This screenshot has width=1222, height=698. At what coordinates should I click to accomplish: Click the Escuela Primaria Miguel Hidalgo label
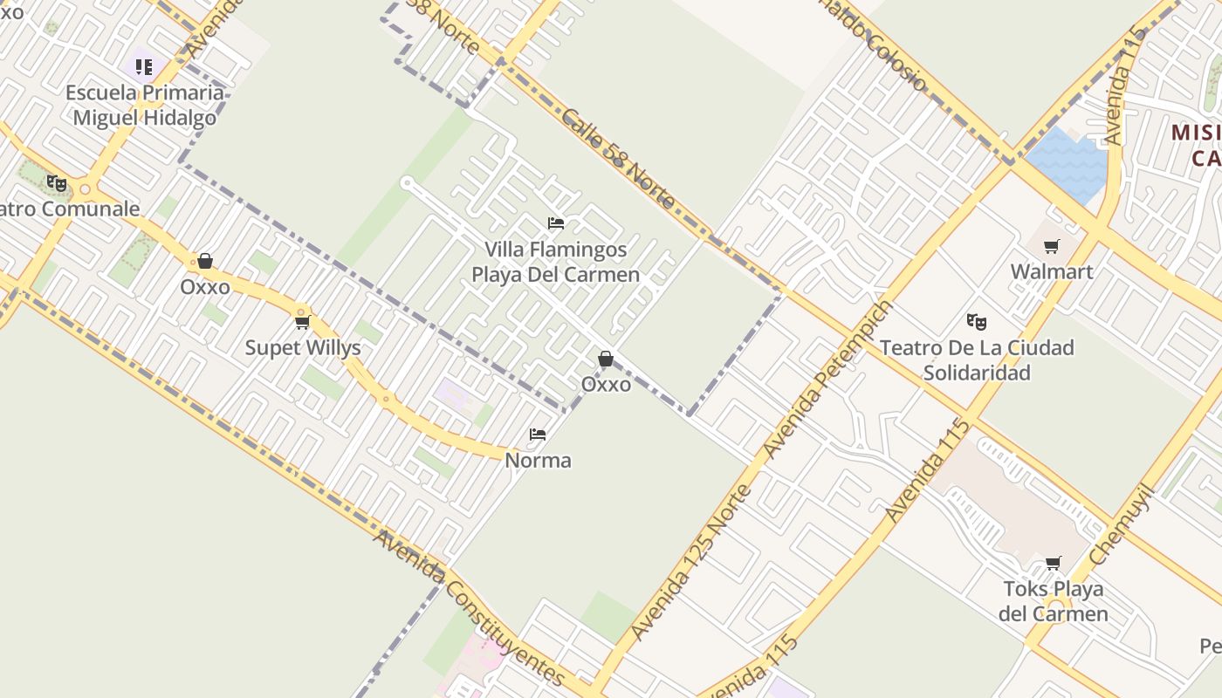point(144,105)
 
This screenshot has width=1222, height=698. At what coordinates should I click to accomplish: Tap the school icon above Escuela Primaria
point(144,66)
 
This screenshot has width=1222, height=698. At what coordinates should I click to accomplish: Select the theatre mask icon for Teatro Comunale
point(57,183)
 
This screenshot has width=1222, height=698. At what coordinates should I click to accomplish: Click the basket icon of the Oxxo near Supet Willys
point(205,261)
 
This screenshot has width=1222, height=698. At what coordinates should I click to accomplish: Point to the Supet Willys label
point(302,347)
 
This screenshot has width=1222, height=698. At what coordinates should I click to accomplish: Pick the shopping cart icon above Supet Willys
point(302,322)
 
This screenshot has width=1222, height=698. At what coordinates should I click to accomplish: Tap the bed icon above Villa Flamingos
point(555,223)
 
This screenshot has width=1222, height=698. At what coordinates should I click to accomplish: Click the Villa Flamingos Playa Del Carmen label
point(555,262)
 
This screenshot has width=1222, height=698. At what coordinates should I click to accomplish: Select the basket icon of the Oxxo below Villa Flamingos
point(605,359)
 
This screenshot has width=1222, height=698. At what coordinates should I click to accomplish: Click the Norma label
point(538,460)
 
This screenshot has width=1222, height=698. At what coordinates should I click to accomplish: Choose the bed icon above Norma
point(538,434)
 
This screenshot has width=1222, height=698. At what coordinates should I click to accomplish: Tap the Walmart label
point(1051,271)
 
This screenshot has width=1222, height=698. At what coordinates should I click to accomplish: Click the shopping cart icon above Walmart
point(1051,246)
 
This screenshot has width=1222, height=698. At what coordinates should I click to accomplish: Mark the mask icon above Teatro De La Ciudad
point(977,322)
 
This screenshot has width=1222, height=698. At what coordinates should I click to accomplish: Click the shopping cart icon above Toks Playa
point(1054,563)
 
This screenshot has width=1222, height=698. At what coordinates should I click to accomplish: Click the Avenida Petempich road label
point(828,379)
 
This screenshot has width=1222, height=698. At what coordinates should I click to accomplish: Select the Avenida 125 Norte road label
point(690,563)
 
